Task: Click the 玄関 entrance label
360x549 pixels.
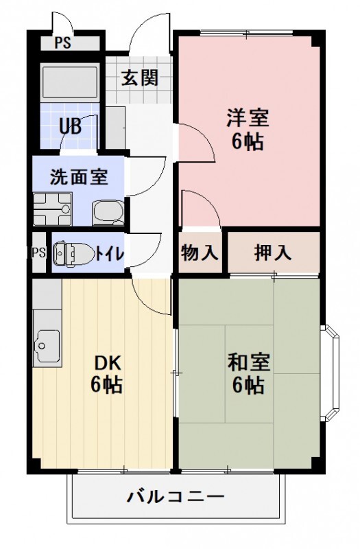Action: [x=140, y=78]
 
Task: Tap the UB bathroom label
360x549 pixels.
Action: [x=70, y=126]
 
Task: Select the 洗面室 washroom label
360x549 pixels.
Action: [x=78, y=176]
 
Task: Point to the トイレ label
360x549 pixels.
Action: [x=109, y=253]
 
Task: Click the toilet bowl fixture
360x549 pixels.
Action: [x=69, y=253]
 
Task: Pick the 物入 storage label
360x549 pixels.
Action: [x=199, y=253]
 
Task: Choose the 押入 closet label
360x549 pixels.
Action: [x=273, y=253]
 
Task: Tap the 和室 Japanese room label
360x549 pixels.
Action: [x=248, y=362]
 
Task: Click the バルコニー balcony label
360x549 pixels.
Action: [x=175, y=496]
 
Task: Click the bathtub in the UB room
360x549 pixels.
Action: [x=71, y=82]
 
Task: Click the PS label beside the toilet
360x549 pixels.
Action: [x=38, y=253]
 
